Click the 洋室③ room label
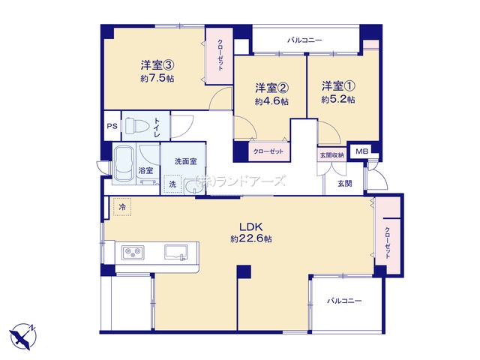[x=157, y=65]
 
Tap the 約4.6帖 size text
[x=271, y=101]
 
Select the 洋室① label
[x=338, y=86]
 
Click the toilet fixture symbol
[x=136, y=126]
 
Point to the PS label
[x=112, y=126]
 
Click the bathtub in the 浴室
[x=123, y=164]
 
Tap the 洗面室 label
[x=185, y=161]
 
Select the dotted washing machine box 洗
[x=172, y=184]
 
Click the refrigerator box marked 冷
[x=122, y=207]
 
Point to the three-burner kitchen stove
[x=133, y=253]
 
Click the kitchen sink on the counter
[x=176, y=252]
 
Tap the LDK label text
[x=251, y=227]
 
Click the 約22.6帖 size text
[x=251, y=238]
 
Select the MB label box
[x=362, y=151]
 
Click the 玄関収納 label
[x=331, y=155]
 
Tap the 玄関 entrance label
[x=345, y=184]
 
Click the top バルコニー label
[x=304, y=40]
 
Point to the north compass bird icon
[x=22, y=336]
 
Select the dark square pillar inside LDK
[x=244, y=271]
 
